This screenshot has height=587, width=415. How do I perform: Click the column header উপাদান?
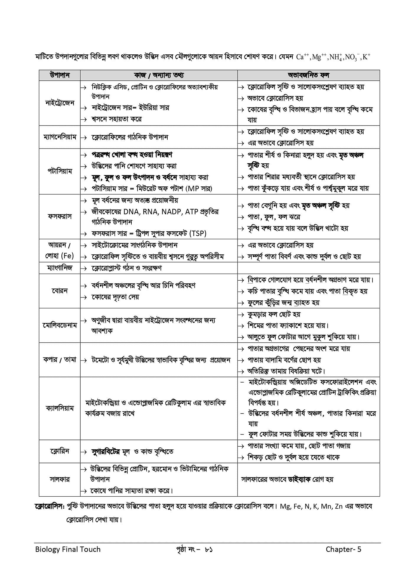pyautogui.click(x=59, y=75)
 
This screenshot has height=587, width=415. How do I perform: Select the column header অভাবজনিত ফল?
pyautogui.click(x=308, y=75)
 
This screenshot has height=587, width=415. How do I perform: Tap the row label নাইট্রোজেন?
pyautogui.click(x=59, y=103)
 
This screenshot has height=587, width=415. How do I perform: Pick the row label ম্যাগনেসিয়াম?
pyautogui.click(x=59, y=137)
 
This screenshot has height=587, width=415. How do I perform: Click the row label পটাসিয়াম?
pyautogui.click(x=59, y=171)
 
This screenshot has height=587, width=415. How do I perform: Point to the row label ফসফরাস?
pyautogui.click(x=59, y=217)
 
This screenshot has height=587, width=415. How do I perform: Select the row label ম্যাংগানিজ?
pyautogui.click(x=59, y=268)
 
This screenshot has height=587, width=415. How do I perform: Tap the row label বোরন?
pyautogui.click(x=59, y=291)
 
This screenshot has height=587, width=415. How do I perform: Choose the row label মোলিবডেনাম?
pyautogui.click(x=59, y=325)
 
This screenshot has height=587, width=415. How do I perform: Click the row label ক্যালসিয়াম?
pyautogui.click(x=59, y=408)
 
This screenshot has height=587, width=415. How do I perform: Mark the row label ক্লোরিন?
pyautogui.click(x=59, y=451)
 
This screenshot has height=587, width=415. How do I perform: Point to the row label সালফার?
pyautogui.click(x=59, y=479)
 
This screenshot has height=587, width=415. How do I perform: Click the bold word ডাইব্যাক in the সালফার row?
pyautogui.click(x=299, y=479)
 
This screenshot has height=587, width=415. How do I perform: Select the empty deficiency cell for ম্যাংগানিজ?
pyautogui.click(x=308, y=268)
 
